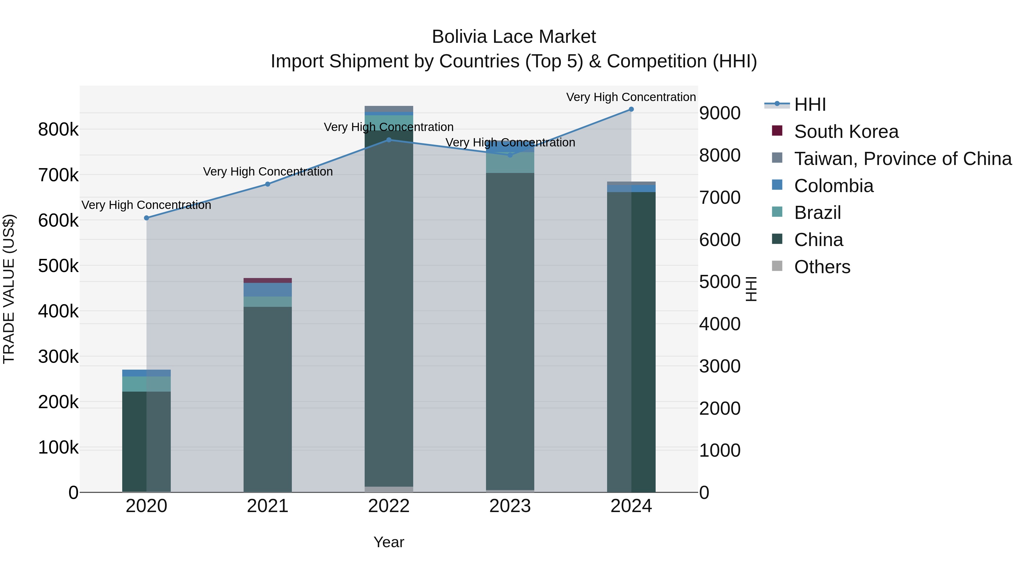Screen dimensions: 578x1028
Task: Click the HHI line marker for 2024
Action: [631, 109]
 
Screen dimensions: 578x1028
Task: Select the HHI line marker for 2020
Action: [146, 218]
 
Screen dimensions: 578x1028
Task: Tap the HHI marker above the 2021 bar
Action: [268, 184]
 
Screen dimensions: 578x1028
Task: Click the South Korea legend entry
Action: [846, 132]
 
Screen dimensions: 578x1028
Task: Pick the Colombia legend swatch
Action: [777, 185]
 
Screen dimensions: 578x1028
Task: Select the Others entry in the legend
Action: [822, 267]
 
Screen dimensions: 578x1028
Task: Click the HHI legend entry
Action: [810, 104]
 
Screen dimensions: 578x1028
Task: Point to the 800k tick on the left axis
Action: [58, 130]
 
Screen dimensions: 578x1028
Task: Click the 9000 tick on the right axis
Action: [720, 113]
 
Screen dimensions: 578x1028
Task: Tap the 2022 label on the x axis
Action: [389, 506]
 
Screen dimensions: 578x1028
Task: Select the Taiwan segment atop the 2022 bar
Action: [389, 109]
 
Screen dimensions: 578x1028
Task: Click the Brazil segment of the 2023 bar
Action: [510, 163]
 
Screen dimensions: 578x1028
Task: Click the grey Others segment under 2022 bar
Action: [389, 490]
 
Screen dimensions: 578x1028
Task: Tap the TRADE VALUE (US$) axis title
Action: [9, 289]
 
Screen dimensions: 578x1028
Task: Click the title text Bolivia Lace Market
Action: [514, 37]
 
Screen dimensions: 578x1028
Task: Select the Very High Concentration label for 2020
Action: [146, 205]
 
